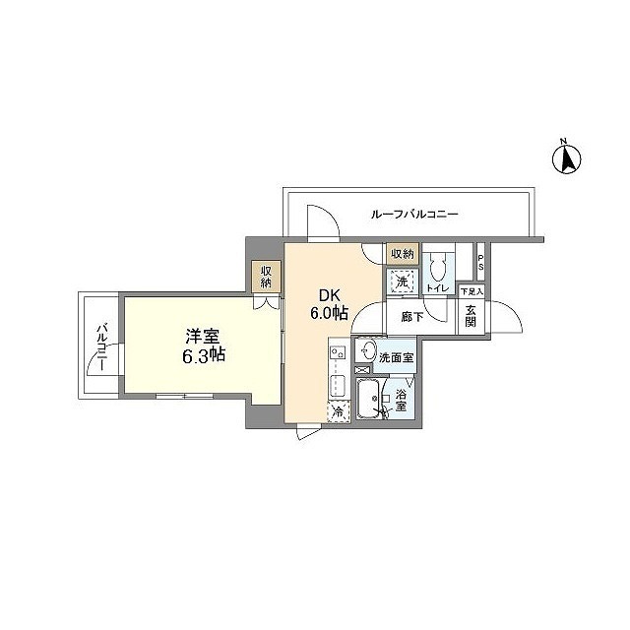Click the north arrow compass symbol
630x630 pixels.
[567, 157]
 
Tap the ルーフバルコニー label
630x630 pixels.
[415, 214]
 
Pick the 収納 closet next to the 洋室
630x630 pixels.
[266, 276]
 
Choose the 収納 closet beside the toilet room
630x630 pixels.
[403, 254]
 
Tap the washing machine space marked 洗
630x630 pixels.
[402, 282]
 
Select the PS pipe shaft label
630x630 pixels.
[480, 264]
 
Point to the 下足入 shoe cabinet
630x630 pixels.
[472, 291]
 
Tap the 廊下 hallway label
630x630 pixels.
[412, 317]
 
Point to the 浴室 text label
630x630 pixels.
[402, 401]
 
